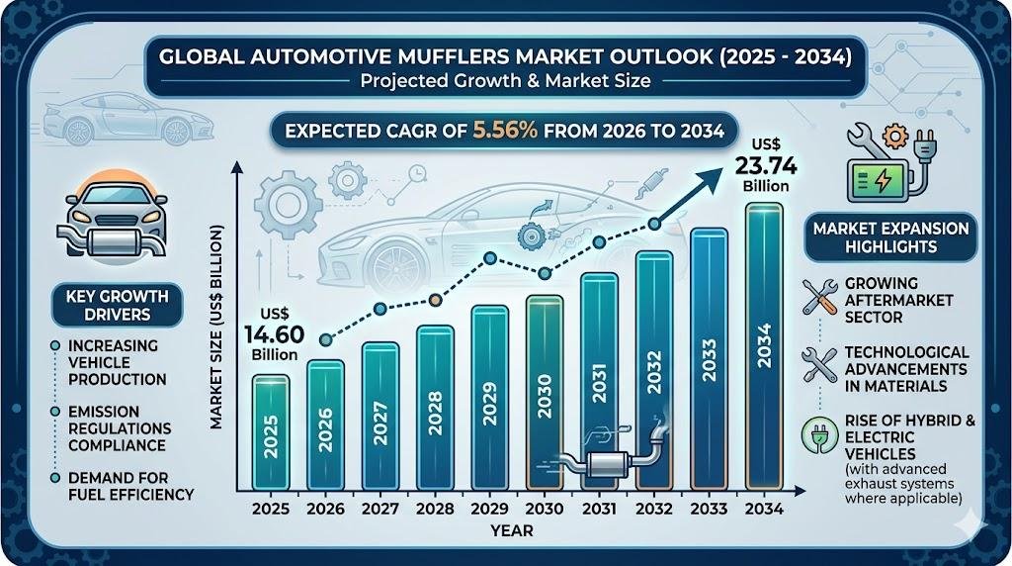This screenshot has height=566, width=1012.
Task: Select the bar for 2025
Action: [x=271, y=431]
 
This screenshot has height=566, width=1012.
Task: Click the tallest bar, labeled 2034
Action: [x=764, y=346]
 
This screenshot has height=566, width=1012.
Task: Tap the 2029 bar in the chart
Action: [x=490, y=397]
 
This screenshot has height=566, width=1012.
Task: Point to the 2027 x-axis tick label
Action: [x=380, y=509]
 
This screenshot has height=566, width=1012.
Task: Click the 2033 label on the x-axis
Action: [x=709, y=509]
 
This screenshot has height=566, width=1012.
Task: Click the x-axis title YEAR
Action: [x=512, y=531]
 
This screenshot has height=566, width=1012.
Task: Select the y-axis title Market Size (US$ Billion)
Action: [x=216, y=327]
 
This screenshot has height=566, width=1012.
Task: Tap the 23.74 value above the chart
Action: [x=766, y=166]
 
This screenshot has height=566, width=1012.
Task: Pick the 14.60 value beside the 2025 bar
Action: [x=275, y=334]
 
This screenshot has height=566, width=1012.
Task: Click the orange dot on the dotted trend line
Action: [x=436, y=300]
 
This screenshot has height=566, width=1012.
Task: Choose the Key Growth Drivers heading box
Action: [x=118, y=306]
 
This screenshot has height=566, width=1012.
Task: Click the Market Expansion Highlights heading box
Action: [x=890, y=237]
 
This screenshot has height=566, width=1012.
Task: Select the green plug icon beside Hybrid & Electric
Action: [x=818, y=434]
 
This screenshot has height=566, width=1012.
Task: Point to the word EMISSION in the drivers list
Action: [x=104, y=412]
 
